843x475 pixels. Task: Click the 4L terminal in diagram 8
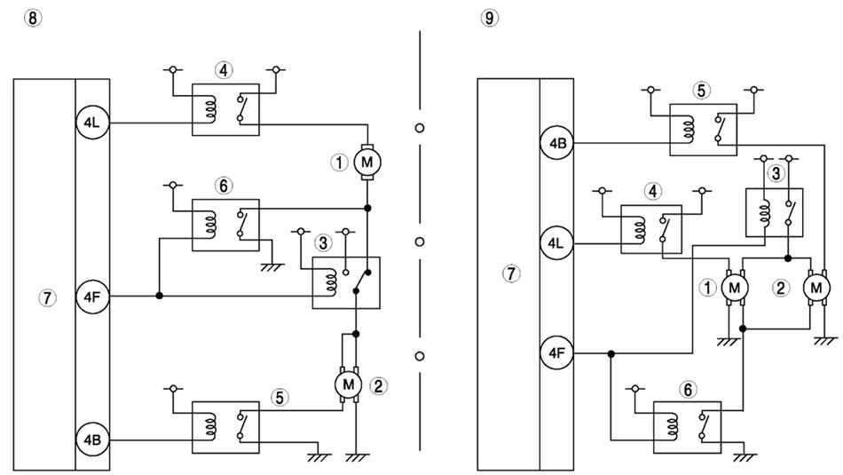[92, 123]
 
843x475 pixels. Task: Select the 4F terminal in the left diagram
[92, 297]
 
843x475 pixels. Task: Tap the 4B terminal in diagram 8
[92, 439]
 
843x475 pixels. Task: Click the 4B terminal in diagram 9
[557, 143]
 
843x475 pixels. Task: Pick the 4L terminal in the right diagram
[557, 243]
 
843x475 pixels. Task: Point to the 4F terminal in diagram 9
[557, 352]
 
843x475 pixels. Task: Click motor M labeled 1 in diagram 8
[367, 162]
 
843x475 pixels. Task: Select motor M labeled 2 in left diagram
[349, 384]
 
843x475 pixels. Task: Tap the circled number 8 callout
[33, 18]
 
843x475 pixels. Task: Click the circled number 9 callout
[489, 18]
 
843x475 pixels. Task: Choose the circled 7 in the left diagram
[47, 297]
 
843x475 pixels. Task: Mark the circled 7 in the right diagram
[511, 273]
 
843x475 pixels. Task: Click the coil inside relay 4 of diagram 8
[211, 109]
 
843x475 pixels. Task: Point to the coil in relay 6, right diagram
[672, 427]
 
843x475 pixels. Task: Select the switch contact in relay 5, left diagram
[240, 425]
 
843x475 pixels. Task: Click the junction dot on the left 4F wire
[159, 296]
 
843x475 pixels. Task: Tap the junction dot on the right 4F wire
[611, 353]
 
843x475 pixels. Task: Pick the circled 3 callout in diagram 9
[776, 174]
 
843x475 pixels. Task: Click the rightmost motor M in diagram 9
[816, 288]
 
